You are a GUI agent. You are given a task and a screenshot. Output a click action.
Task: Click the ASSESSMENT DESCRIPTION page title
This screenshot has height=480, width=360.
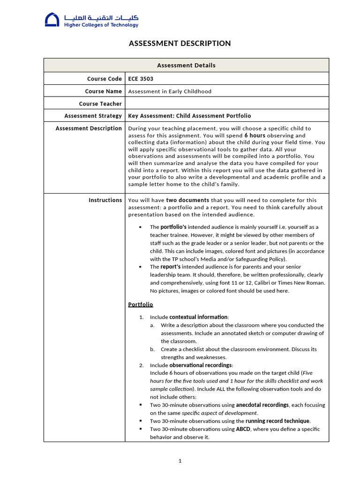[180, 44]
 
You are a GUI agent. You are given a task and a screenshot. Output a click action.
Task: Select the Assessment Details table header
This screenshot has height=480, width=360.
[186, 65]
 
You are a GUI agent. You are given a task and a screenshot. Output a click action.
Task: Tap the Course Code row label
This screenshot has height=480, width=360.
[104, 79]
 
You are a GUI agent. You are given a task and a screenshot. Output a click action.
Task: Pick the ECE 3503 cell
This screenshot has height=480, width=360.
[141, 79]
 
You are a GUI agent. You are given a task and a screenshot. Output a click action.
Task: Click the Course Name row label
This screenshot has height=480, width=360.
[103, 91]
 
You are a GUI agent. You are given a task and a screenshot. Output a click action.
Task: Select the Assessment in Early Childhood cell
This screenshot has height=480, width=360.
[170, 91]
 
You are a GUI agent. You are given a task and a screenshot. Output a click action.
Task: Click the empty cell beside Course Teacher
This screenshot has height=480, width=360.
[227, 104]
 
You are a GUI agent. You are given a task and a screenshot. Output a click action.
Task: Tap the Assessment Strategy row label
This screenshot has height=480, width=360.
[93, 116]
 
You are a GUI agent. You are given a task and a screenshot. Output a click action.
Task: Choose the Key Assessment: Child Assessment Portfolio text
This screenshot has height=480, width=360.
[189, 116]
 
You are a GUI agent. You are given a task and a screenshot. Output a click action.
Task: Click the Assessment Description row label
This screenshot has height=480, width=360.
[89, 128]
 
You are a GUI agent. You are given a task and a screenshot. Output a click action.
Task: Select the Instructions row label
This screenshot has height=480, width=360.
[105, 200]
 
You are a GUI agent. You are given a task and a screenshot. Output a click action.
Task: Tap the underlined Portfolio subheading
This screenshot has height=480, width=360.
[141, 305]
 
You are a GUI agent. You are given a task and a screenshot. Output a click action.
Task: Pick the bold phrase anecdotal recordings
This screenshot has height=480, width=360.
[262, 405]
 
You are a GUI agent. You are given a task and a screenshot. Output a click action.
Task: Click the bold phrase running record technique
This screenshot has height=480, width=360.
[277, 421]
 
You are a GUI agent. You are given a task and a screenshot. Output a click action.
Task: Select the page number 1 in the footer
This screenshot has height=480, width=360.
[180, 461]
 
